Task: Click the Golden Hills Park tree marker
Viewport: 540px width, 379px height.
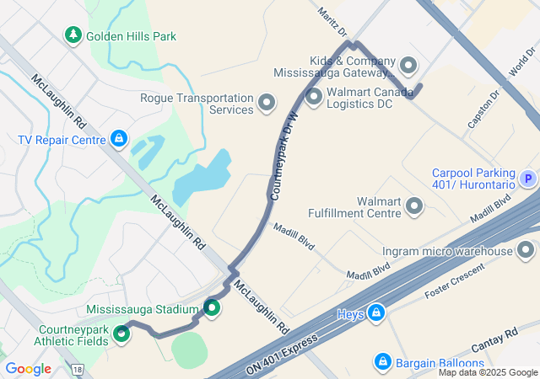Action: coord(73,35)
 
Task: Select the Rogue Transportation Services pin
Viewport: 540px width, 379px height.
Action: coord(267,104)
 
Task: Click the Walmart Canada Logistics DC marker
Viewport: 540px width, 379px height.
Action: coord(315,98)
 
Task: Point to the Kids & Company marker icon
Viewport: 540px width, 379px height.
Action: coord(409,66)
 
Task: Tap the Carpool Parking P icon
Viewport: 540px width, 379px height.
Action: coord(527,179)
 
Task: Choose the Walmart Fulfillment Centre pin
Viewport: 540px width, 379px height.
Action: coord(414,206)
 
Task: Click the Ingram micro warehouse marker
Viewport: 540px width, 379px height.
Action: coord(526,250)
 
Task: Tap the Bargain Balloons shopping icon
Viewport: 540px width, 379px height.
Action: coord(381,363)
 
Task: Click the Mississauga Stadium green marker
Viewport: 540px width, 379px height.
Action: coord(211,309)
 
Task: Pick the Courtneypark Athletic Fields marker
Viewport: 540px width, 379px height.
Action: coord(122,334)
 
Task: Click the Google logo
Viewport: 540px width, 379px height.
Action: coord(29,369)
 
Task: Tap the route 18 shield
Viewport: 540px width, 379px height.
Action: coord(78,369)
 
